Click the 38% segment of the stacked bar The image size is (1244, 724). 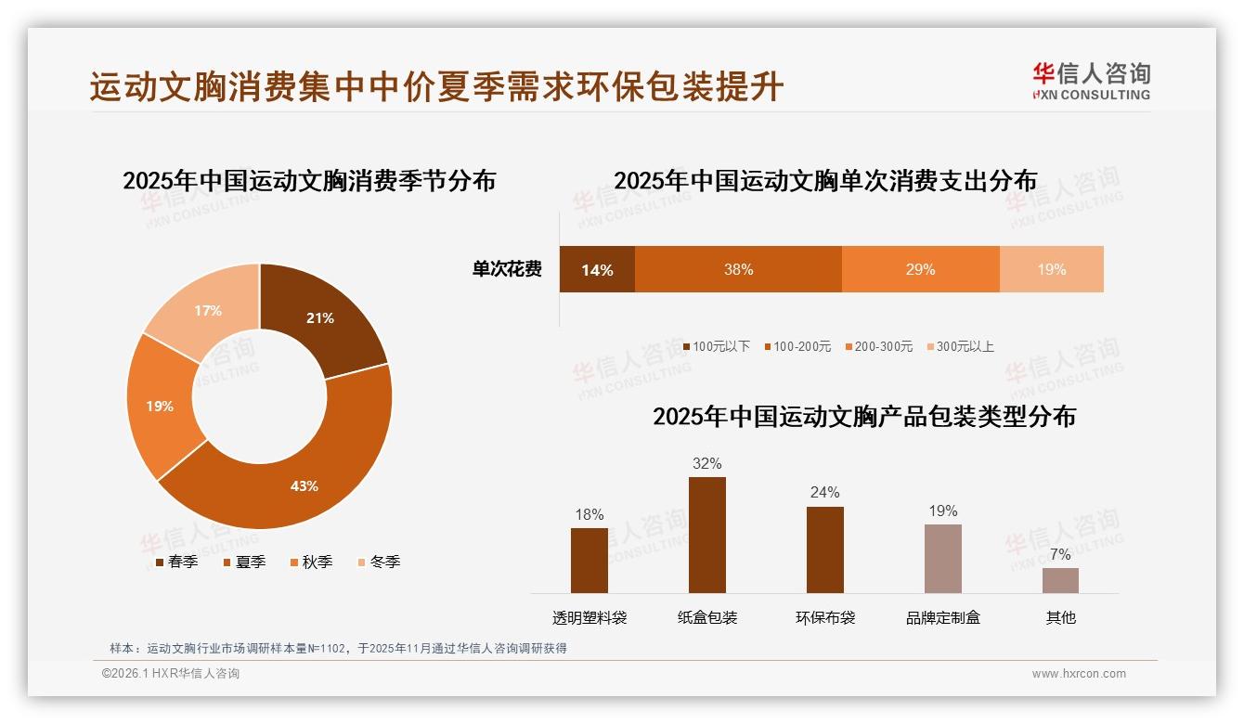pos(738,269)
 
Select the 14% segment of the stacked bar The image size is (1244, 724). pos(597,269)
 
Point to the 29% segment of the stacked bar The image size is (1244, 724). pos(920,269)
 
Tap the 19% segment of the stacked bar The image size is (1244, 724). pos(1051,269)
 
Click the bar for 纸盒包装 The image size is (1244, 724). pos(706,535)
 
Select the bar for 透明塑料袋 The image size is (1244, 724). pos(590,560)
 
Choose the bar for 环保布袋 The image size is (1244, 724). pos(824,549)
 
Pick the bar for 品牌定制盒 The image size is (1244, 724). pos(942,558)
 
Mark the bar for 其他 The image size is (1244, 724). pos(1060,580)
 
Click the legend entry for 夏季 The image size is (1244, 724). pos(244,562)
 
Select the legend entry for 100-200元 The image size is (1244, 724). pos(797,346)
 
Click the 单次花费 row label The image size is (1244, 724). pos(507,269)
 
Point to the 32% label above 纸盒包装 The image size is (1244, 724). pos(706,463)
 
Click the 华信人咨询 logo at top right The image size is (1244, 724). pos(1091,81)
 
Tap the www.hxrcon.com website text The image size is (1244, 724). pos(1079,674)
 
